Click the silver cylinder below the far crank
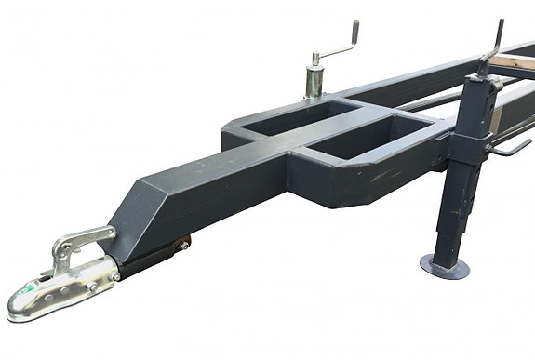[x=314, y=79]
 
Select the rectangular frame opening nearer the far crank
[x=303, y=118]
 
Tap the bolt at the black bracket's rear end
[x=184, y=244]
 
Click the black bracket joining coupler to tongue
[x=149, y=256]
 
